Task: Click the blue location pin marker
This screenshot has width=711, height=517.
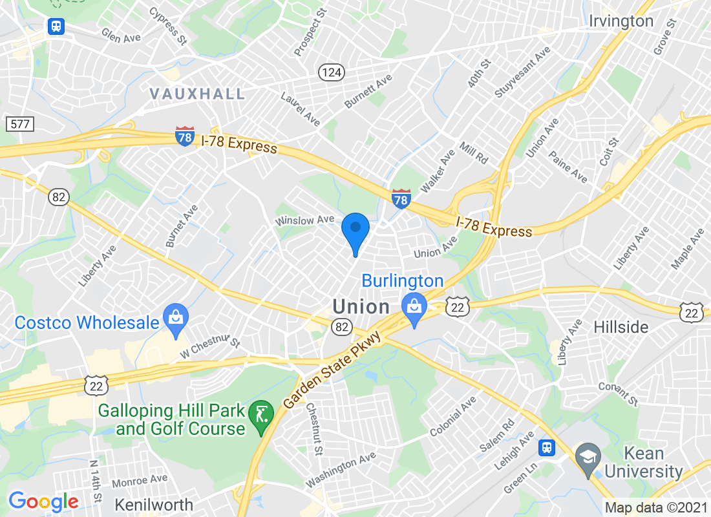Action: coord(355,230)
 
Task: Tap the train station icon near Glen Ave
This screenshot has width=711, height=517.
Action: coord(56,26)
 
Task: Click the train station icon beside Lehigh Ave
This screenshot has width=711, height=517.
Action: coord(547,447)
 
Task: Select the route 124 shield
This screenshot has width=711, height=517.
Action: coord(330,72)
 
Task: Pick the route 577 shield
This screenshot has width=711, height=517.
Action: coord(19,123)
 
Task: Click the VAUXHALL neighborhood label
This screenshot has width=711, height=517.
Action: coord(197,94)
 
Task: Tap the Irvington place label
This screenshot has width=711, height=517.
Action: coord(621,21)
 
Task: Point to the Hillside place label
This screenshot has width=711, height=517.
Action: coord(621,327)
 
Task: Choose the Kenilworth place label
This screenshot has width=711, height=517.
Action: coord(154,505)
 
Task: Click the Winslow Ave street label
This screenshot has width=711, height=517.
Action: coord(304,220)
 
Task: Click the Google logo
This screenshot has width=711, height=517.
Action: coord(43,501)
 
